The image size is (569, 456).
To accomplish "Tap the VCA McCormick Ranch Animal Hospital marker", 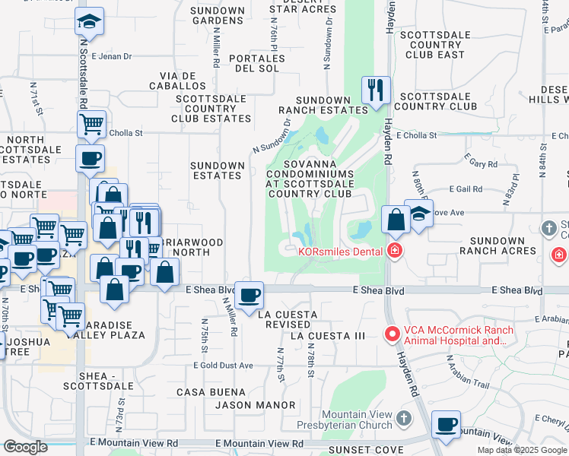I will (x=392, y=334).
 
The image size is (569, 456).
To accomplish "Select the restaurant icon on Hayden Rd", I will (x=376, y=90).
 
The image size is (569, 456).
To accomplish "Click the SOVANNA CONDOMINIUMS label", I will (x=320, y=179).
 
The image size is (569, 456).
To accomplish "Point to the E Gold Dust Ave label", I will (x=223, y=366).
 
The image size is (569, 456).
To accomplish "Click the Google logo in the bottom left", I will (x=25, y=447).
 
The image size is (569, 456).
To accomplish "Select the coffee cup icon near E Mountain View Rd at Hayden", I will (x=446, y=424).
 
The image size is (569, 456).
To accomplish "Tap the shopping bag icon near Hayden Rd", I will (x=396, y=220).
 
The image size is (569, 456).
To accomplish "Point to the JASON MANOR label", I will (x=254, y=405).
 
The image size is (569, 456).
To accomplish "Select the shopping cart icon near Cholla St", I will (x=91, y=124).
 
